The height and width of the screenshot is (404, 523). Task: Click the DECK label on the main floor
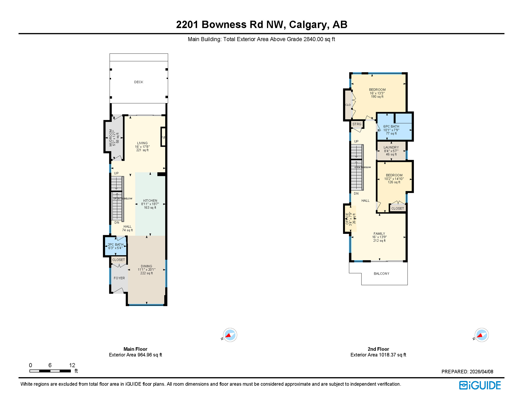pyautogui.click(x=139, y=82)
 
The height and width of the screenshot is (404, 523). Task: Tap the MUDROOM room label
pyautogui.click(x=111, y=138)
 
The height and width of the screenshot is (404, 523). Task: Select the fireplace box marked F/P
pyautogui.click(x=163, y=137)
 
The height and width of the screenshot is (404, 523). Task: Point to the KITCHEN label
pyautogui.click(x=150, y=201)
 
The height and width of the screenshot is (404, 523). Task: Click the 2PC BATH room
pyautogui.click(x=115, y=246)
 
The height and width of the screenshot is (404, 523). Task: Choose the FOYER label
pyautogui.click(x=119, y=278)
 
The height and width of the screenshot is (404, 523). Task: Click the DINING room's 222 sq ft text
pyautogui.click(x=146, y=273)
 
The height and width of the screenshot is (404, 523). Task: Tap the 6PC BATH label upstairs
pyautogui.click(x=391, y=127)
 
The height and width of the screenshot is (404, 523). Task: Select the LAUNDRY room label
pyautogui.click(x=391, y=148)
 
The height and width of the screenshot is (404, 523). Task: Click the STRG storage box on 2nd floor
pyautogui.click(x=357, y=124)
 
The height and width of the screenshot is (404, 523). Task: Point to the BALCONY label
pyautogui.click(x=381, y=274)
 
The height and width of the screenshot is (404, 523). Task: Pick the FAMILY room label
pyautogui.click(x=379, y=234)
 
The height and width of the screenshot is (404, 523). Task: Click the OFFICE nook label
pyautogui.click(x=347, y=219)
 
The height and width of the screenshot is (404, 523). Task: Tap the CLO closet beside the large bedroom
pyautogui.click(x=348, y=105)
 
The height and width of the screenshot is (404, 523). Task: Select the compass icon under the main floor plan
pyautogui.click(x=230, y=335)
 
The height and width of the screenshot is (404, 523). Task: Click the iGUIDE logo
pyautogui.click(x=480, y=385)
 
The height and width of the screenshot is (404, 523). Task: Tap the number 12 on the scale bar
pyautogui.click(x=72, y=365)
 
